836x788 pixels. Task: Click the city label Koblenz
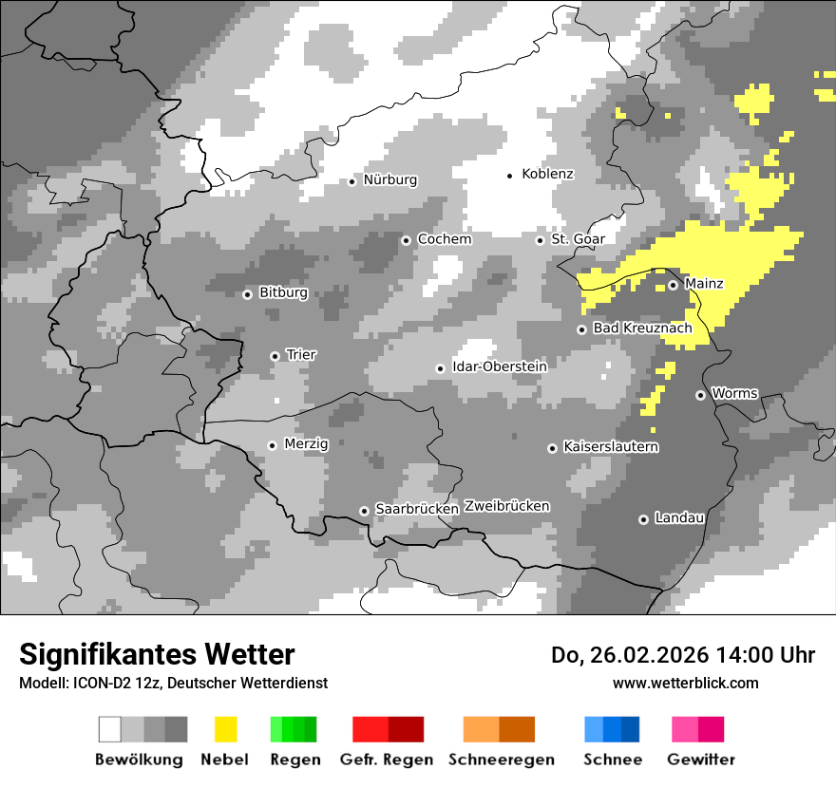(547, 175)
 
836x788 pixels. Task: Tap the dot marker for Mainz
(673, 285)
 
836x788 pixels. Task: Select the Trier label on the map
(301, 355)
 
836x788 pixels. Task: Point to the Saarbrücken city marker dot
(364, 511)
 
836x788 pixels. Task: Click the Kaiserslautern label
(611, 447)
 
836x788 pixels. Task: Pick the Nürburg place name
(389, 180)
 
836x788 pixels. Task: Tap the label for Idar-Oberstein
(499, 366)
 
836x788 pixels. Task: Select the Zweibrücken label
(506, 506)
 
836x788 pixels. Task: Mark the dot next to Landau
(643, 519)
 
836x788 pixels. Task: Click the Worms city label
(734, 393)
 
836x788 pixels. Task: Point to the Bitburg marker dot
(247, 294)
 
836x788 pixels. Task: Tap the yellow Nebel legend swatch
(225, 729)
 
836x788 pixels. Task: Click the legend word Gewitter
(700, 760)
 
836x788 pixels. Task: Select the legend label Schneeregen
(501, 760)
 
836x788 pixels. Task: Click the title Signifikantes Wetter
(157, 655)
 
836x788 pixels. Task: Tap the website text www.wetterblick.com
(685, 683)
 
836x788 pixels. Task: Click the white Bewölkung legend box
(110, 729)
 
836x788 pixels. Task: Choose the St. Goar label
(578, 239)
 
